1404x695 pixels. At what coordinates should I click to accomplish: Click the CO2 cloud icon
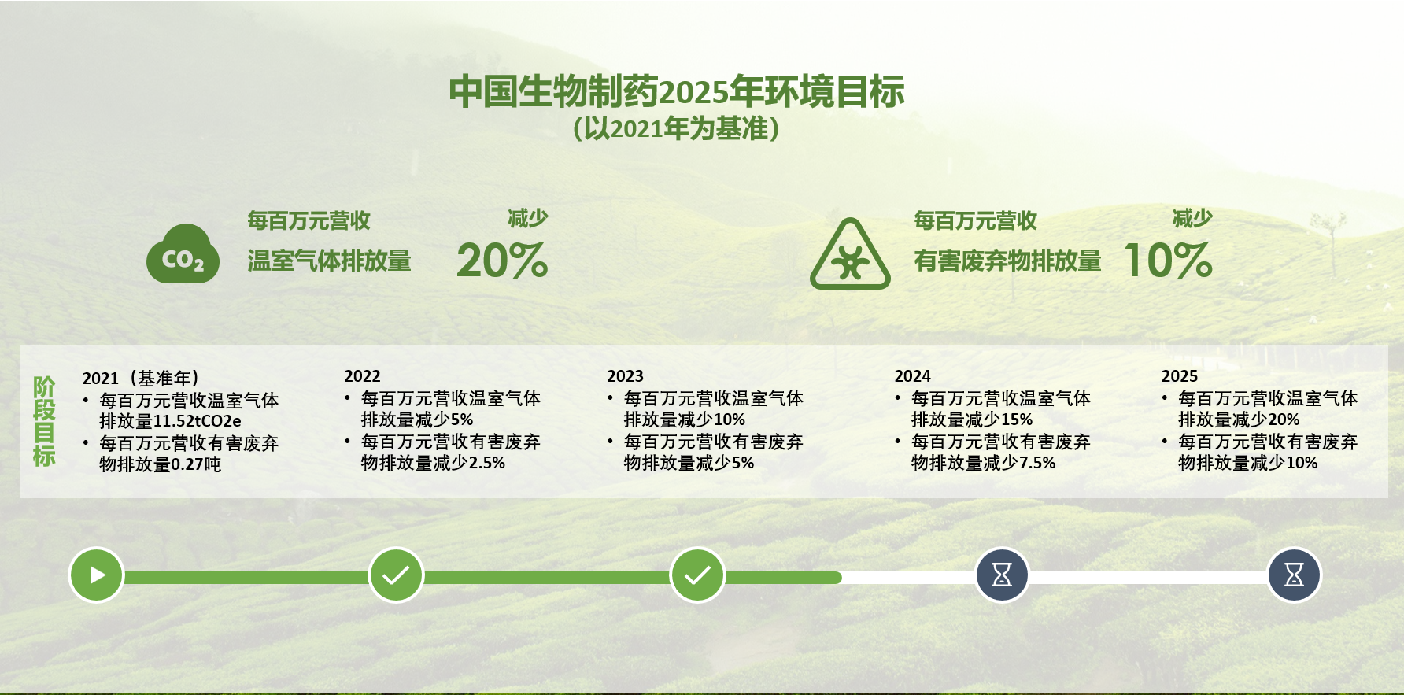tap(183, 253)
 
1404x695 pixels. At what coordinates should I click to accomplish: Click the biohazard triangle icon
tap(850, 254)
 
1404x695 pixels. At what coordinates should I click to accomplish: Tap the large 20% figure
tap(502, 261)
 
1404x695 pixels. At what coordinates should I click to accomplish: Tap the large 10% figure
tap(1169, 261)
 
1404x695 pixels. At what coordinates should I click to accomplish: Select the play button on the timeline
tap(96, 575)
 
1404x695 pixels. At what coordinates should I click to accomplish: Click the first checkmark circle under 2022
tap(396, 575)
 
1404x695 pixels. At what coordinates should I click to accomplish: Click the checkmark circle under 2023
tap(697, 575)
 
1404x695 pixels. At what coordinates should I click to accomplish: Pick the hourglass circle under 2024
tap(1002, 575)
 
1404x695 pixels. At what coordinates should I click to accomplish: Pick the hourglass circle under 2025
tap(1294, 575)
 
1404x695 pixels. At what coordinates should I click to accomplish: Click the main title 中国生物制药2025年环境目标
tap(677, 92)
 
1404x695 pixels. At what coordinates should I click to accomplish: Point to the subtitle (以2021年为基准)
tap(677, 128)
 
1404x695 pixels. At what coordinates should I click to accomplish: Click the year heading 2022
tap(362, 376)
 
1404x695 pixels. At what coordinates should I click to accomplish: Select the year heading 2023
tap(625, 376)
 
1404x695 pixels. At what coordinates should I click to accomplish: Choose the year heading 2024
tap(912, 376)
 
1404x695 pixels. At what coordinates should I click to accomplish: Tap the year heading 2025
tap(1179, 376)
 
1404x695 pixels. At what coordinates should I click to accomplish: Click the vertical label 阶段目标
tap(44, 421)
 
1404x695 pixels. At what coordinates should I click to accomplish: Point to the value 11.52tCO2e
tap(197, 421)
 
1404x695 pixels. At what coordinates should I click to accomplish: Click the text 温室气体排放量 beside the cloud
tap(329, 261)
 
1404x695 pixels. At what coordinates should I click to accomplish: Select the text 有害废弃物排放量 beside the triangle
tap(1007, 261)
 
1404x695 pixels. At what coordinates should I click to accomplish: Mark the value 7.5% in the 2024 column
tap(1037, 463)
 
